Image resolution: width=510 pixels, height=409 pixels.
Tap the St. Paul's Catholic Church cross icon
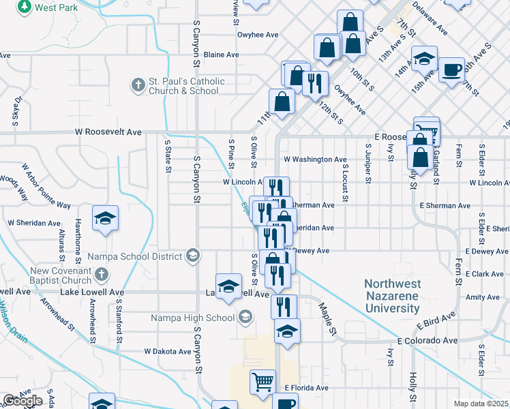[x=138, y=85]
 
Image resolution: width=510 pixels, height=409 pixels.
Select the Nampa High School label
[x=192, y=318]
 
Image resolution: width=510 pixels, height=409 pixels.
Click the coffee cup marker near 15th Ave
[x=451, y=70]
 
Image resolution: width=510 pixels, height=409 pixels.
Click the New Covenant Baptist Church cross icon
[x=102, y=275]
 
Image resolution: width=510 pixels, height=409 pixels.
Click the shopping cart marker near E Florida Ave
[x=262, y=382]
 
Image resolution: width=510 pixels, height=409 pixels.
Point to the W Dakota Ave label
[x=168, y=352]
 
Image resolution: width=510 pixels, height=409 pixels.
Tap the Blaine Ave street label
[x=221, y=55]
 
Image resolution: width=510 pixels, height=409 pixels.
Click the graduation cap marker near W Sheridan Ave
[x=105, y=218]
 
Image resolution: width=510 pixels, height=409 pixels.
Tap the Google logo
[x=22, y=401]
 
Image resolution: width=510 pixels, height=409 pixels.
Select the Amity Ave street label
[x=483, y=297]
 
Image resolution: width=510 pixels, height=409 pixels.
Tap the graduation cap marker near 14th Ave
[x=424, y=59]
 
